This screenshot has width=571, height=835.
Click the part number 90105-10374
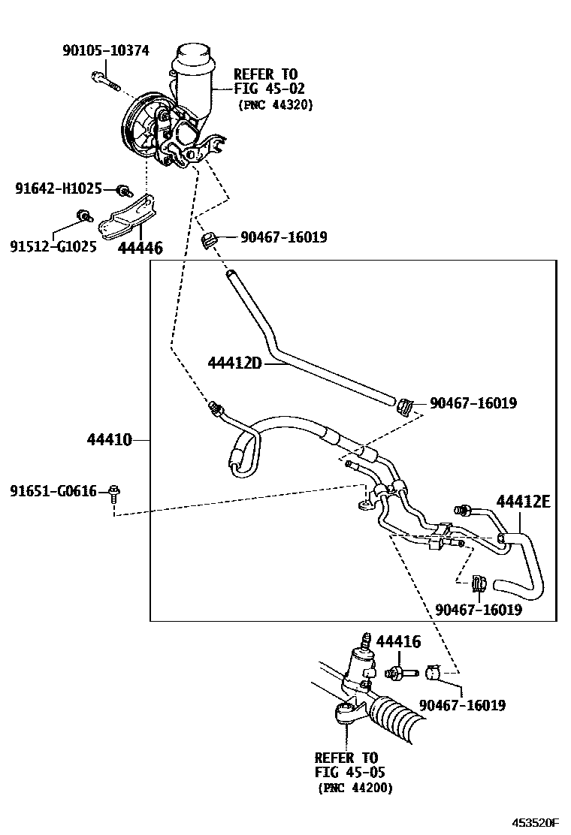105,51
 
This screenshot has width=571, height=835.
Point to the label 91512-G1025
53,246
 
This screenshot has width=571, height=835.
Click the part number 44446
140,247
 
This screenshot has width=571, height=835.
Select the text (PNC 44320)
275,104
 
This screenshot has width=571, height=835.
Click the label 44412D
234,363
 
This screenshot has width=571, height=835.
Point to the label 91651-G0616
53,491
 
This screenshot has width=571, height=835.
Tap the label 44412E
523,501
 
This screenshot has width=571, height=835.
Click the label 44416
397,641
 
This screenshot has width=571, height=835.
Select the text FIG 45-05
350,772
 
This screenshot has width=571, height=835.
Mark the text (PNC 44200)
354,788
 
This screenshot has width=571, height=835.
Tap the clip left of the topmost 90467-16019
210,240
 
